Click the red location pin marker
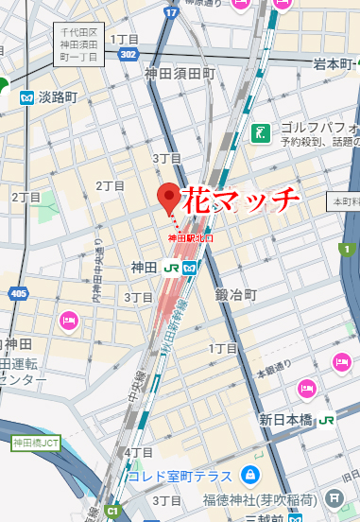(x=169, y=198)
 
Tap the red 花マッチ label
(x=240, y=201)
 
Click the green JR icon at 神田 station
(x=172, y=268)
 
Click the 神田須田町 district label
(x=180, y=73)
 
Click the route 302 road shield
(x=129, y=56)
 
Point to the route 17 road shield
(x=171, y=12)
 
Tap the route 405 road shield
(x=19, y=294)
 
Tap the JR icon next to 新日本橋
(x=327, y=419)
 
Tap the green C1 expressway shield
(x=114, y=512)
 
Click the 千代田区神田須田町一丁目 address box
(x=79, y=43)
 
